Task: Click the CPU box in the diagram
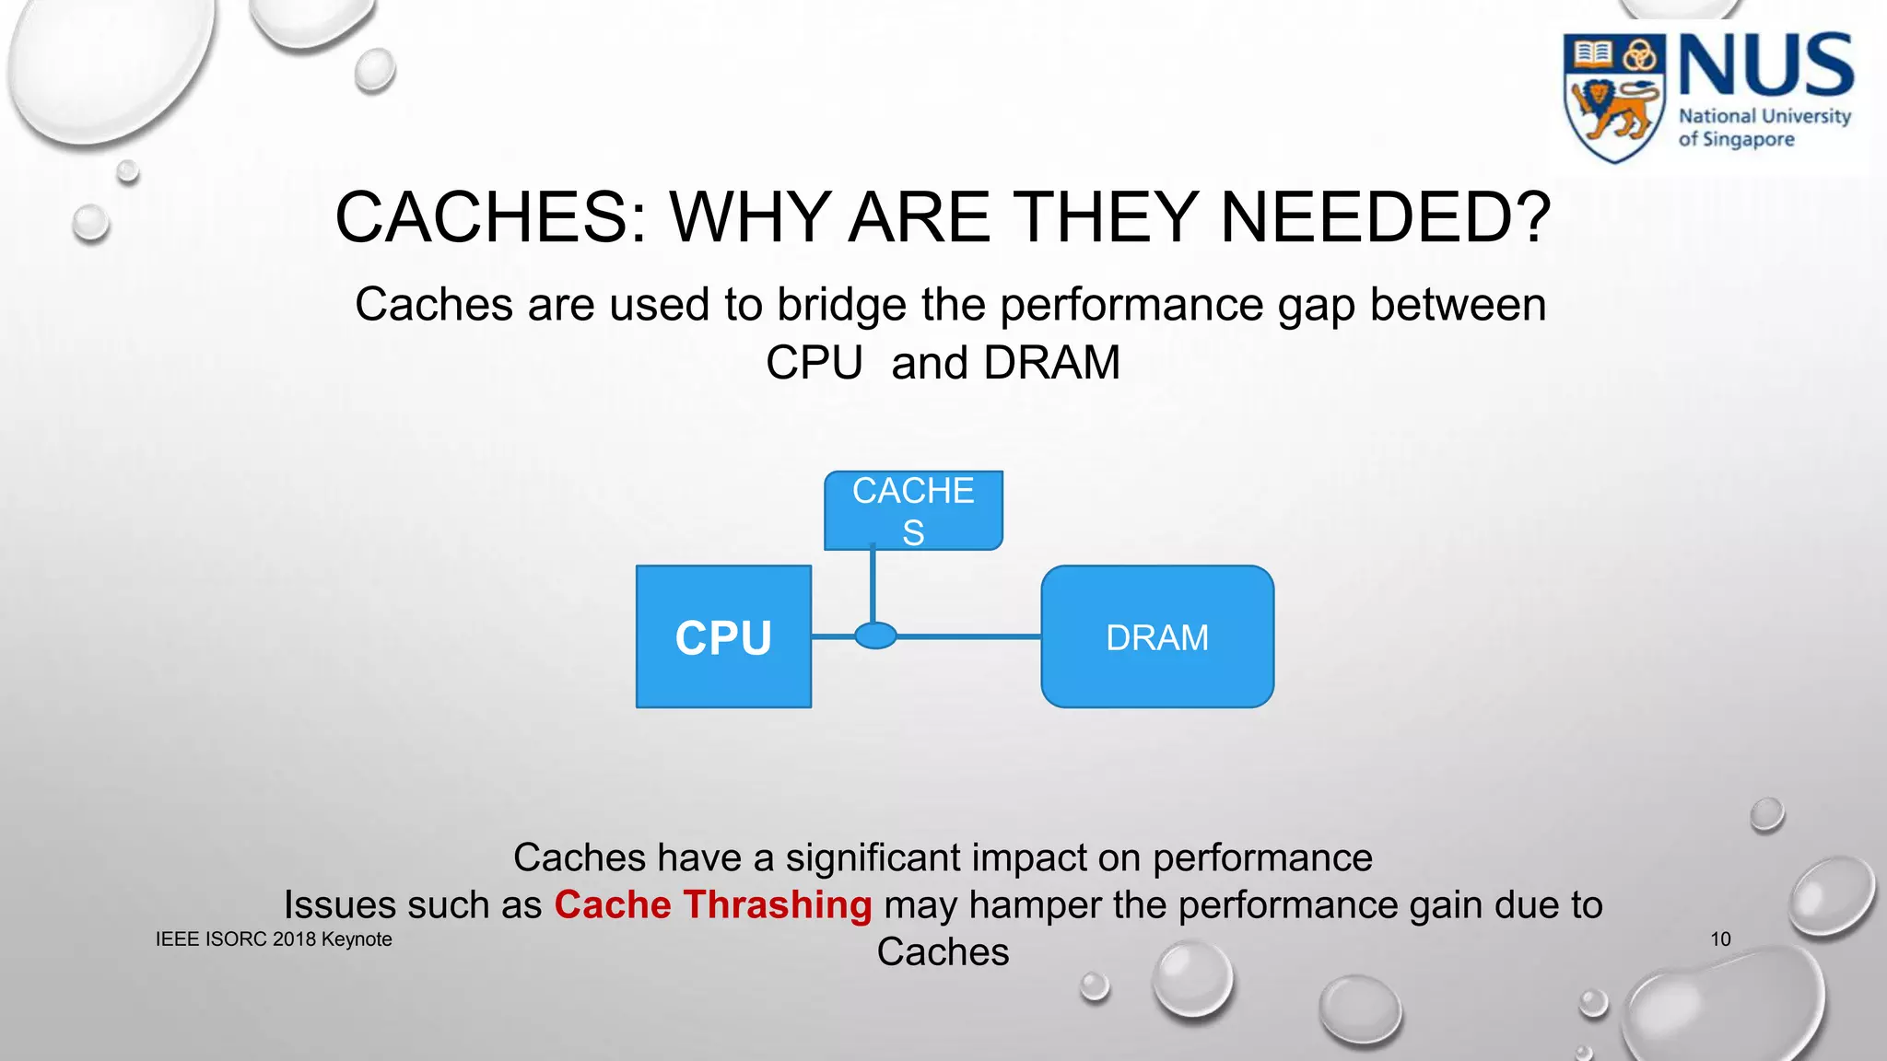pos(723,636)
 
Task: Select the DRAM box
pos(1157,636)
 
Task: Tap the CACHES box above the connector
pos(913,510)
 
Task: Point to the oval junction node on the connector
pos(875,635)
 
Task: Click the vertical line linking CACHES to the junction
pos(873,586)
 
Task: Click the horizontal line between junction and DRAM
pos(967,635)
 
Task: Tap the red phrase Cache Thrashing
pos(712,904)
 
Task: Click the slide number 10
pos(1720,939)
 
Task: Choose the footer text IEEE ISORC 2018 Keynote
pos(274,939)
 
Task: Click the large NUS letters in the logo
pos(1765,65)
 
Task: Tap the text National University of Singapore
pos(1763,127)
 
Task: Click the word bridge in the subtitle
pos(841,305)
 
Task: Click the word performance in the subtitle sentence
pos(1131,305)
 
